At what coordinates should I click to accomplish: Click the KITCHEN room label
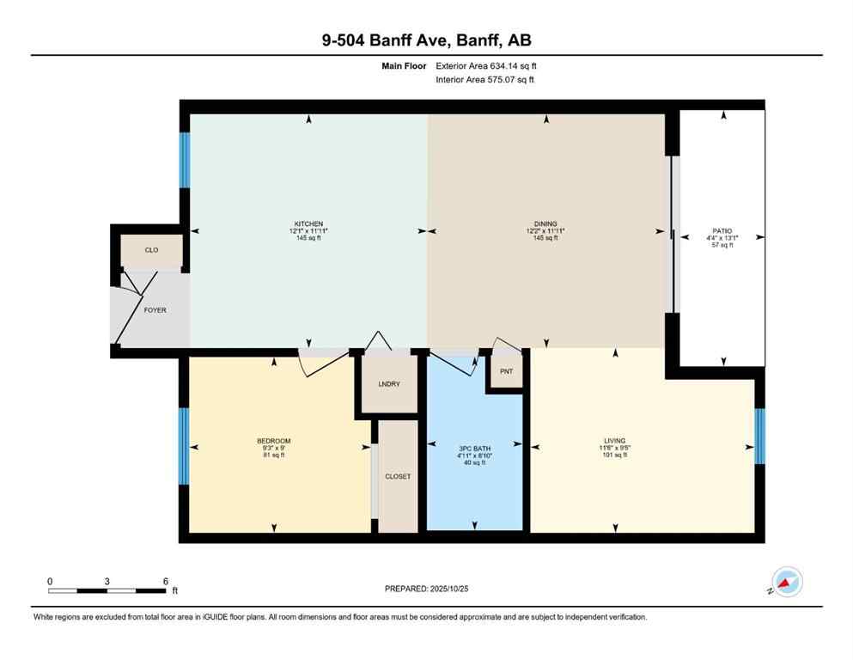tap(308, 224)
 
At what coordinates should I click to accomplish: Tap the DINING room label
tap(546, 224)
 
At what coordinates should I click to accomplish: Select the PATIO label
tap(722, 231)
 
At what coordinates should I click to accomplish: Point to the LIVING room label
tap(614, 440)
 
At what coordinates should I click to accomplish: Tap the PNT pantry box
tap(505, 372)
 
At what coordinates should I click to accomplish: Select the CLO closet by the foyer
tap(151, 250)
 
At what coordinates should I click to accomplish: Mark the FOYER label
tap(155, 310)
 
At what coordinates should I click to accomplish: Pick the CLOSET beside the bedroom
tap(398, 476)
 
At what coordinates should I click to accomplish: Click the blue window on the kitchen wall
tap(184, 160)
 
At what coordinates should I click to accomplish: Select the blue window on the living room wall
tap(759, 436)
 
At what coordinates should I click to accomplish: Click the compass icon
tap(786, 582)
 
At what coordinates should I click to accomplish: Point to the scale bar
tap(107, 590)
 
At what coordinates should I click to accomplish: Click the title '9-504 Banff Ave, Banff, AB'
tap(426, 40)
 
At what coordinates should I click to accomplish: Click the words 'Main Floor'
tap(404, 65)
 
